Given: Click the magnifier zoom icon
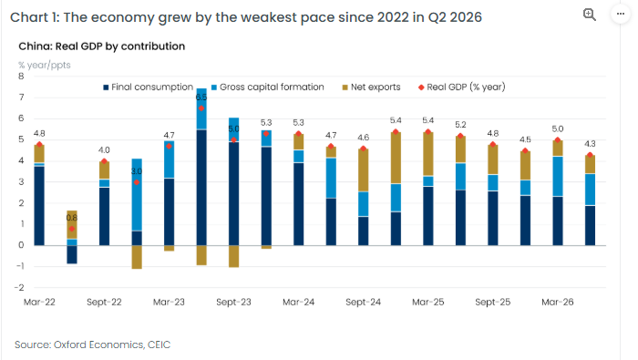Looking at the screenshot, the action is (x=589, y=15).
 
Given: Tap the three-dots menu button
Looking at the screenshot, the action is (x=620, y=14).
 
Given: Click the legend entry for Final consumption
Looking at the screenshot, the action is (x=148, y=87).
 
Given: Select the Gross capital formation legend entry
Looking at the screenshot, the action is (x=268, y=87).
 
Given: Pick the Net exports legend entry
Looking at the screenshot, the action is (x=371, y=87).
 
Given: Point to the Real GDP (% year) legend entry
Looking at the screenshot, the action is (x=462, y=87).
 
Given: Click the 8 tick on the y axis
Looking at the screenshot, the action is (x=21, y=76).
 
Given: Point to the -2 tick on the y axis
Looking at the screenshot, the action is (x=19, y=288).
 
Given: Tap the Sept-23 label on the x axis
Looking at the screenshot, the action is (x=233, y=302).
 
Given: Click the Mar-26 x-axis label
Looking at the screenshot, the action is (x=558, y=302).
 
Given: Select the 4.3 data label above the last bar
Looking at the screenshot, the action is (x=590, y=144).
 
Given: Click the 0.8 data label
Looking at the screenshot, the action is (x=72, y=218).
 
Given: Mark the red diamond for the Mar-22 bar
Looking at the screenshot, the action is (x=39, y=144).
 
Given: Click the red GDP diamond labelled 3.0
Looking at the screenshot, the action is (x=137, y=182).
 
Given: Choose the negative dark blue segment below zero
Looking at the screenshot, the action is (x=72, y=254).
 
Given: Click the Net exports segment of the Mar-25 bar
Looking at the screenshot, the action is (x=428, y=154).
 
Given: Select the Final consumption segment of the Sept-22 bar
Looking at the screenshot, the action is (x=104, y=216).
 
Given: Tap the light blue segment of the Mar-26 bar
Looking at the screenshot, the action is (x=558, y=177).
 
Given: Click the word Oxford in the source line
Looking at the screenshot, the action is (x=70, y=345).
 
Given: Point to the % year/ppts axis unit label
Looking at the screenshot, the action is (x=45, y=65).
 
